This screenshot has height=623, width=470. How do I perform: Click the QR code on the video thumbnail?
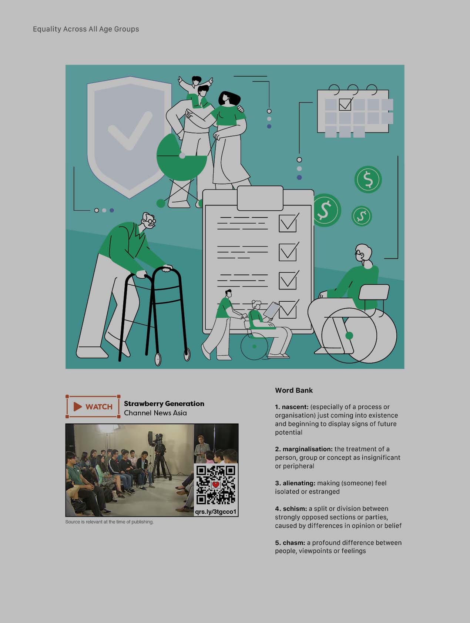pos(216,485)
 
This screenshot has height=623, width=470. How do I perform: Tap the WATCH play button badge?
pos(93,406)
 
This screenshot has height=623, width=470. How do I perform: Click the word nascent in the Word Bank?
pos(295,407)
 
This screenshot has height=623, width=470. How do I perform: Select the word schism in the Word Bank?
pos(295,509)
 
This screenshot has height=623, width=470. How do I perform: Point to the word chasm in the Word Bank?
pos(294,543)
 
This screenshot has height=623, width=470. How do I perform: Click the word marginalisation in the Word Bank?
pos(308,449)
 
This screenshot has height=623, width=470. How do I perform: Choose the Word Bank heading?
pos(294,390)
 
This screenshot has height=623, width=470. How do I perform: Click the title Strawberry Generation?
pos(164,403)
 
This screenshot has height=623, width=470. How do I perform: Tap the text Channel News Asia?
pos(155,413)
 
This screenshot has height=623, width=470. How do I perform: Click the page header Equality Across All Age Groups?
pos(86,29)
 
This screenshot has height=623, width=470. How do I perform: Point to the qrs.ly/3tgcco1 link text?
pos(216,512)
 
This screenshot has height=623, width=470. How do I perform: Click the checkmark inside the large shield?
pos(130,130)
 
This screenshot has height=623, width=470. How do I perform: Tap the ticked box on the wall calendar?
pos(345,104)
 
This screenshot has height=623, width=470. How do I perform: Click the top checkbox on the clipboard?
pos(288,222)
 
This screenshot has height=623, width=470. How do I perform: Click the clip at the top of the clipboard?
pos(260,198)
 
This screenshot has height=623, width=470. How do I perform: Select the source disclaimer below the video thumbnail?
pos(109,522)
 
